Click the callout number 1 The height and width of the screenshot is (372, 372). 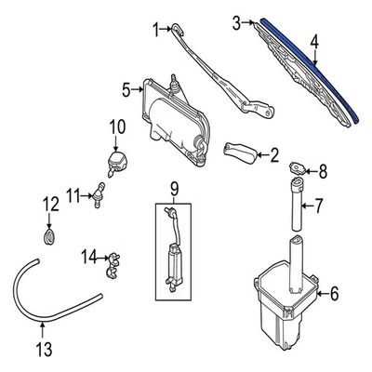[x=156, y=28]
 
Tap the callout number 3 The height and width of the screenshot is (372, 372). [x=236, y=20]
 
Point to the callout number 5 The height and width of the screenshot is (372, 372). [x=126, y=91]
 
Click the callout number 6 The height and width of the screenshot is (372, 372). [x=336, y=295]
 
